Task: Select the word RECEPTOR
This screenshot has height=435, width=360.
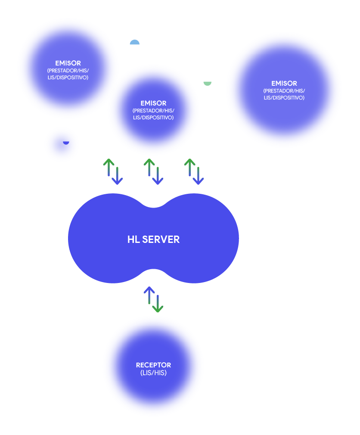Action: click(153, 365)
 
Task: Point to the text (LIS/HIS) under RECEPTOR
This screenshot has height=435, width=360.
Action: click(153, 373)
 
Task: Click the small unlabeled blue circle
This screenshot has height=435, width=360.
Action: click(62, 145)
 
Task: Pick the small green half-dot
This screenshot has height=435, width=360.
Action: click(208, 83)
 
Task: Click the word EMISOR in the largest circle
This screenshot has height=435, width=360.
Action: click(284, 83)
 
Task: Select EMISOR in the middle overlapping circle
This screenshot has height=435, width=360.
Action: click(153, 103)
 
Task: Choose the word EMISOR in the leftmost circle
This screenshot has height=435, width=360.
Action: click(68, 63)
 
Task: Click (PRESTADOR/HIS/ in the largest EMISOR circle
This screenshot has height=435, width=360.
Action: click(284, 91)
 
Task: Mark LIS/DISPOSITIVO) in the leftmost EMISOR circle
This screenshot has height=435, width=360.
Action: click(68, 78)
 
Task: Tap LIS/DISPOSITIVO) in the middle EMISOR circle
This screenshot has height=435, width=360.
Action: click(153, 118)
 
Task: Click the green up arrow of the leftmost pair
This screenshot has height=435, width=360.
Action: click(109, 167)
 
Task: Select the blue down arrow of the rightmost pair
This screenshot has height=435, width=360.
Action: click(198, 176)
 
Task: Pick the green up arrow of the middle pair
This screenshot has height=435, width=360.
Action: click(149, 167)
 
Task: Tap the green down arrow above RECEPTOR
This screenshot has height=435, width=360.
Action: click(158, 304)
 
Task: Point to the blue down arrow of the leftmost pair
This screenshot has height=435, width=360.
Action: click(117, 176)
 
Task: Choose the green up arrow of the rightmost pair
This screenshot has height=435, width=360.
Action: click(189, 167)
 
